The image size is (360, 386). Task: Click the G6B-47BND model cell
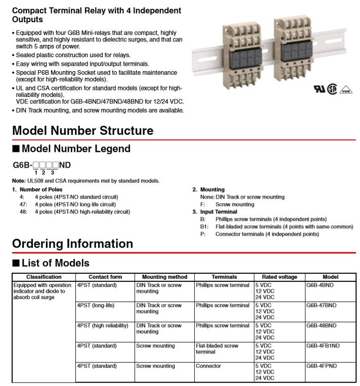pyautogui.click(x=321, y=306)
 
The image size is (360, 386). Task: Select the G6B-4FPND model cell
pyautogui.click(x=321, y=366)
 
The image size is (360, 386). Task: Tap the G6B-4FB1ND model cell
pyautogui.click(x=323, y=346)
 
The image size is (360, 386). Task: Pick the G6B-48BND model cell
pyautogui.click(x=321, y=326)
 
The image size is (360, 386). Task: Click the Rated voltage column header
pyautogui.click(x=279, y=277)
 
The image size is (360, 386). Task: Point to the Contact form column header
pyautogui.click(x=105, y=277)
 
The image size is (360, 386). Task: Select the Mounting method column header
pyautogui.click(x=164, y=277)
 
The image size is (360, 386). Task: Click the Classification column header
pyautogui.click(x=44, y=277)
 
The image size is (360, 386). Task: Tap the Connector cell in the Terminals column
pyautogui.click(x=208, y=366)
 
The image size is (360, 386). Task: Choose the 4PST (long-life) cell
pyautogui.click(x=96, y=306)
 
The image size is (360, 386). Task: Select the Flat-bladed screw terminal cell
pyautogui.click(x=217, y=349)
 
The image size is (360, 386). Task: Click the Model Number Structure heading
pyautogui.click(x=82, y=130)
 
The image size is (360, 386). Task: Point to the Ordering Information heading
pyautogui.click(x=72, y=244)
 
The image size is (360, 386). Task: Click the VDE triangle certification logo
pyautogui.click(x=346, y=89)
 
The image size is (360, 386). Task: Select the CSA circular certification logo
pyautogui.click(x=332, y=89)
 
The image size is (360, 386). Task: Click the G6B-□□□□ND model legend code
pyautogui.click(x=41, y=166)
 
